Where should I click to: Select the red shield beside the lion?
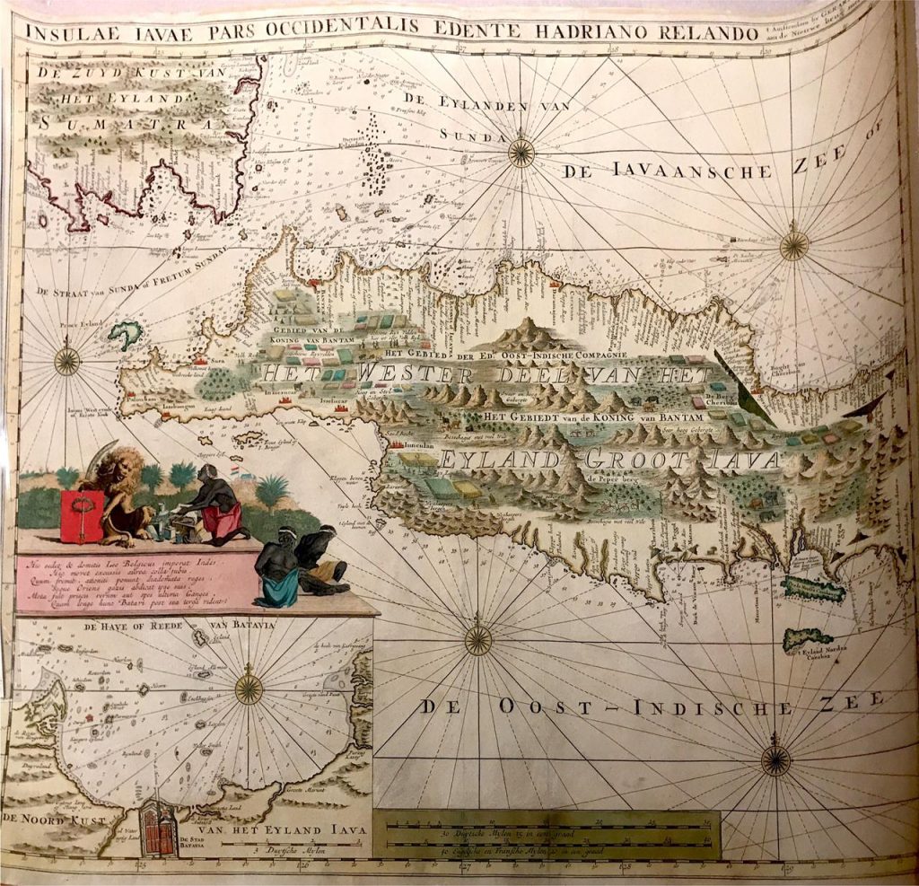(82, 516)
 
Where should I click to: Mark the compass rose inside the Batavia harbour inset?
(249, 689)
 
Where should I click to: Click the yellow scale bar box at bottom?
(544, 832)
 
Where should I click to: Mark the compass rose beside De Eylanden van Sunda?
(521, 153)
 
